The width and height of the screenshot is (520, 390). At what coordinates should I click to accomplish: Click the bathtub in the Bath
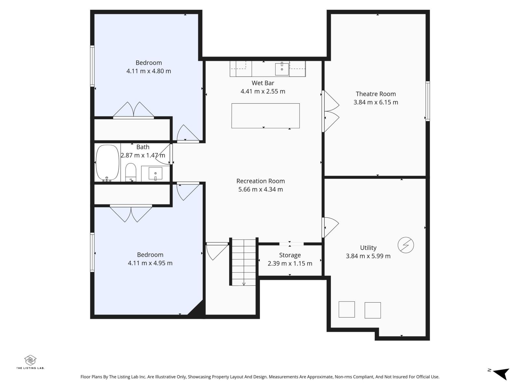pos(108,162)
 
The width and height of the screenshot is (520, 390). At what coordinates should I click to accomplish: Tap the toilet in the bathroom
pos(131,173)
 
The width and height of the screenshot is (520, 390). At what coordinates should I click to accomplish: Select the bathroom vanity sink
pos(155,173)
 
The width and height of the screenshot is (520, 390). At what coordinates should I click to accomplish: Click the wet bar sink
pos(282,69)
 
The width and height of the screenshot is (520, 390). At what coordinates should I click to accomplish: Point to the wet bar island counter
pos(265,115)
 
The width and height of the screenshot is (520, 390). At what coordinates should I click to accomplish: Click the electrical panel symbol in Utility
pos(406,245)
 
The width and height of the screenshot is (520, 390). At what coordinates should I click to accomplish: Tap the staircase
pos(244,262)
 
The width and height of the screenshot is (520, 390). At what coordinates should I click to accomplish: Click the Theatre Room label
pos(376,94)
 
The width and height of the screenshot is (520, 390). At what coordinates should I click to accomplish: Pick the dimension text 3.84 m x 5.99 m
pos(368,256)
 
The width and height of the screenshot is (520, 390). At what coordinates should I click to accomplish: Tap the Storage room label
pos(290,255)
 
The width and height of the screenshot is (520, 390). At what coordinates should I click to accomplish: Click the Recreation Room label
pos(260,181)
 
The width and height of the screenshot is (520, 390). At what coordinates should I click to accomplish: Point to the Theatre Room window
pos(427,101)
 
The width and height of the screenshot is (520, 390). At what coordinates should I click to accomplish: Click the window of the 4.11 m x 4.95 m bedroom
pos(92,252)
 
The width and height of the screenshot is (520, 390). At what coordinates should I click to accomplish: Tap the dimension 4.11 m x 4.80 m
pos(149,71)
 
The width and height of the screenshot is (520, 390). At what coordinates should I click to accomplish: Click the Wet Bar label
pos(263,83)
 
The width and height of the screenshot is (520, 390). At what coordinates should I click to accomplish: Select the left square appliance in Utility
pos(346,309)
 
